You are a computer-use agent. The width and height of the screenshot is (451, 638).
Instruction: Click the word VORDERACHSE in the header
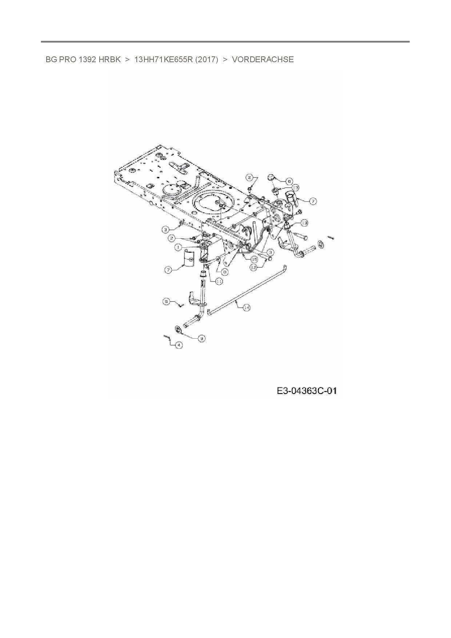pyautogui.click(x=263, y=60)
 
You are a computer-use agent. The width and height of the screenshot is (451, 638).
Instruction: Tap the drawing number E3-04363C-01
pyautogui.click(x=307, y=391)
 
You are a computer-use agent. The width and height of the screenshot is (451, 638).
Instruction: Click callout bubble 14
pyautogui.click(x=246, y=308)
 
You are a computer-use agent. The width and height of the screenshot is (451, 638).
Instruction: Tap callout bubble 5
pyautogui.click(x=166, y=302)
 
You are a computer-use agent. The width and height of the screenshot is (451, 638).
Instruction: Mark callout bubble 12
pyautogui.click(x=254, y=267)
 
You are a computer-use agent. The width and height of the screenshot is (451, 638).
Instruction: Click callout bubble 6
pyautogui.click(x=289, y=180)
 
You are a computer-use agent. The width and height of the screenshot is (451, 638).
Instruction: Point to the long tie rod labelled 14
pyautogui.click(x=247, y=289)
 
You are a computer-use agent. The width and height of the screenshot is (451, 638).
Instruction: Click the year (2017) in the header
pyautogui.click(x=207, y=60)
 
